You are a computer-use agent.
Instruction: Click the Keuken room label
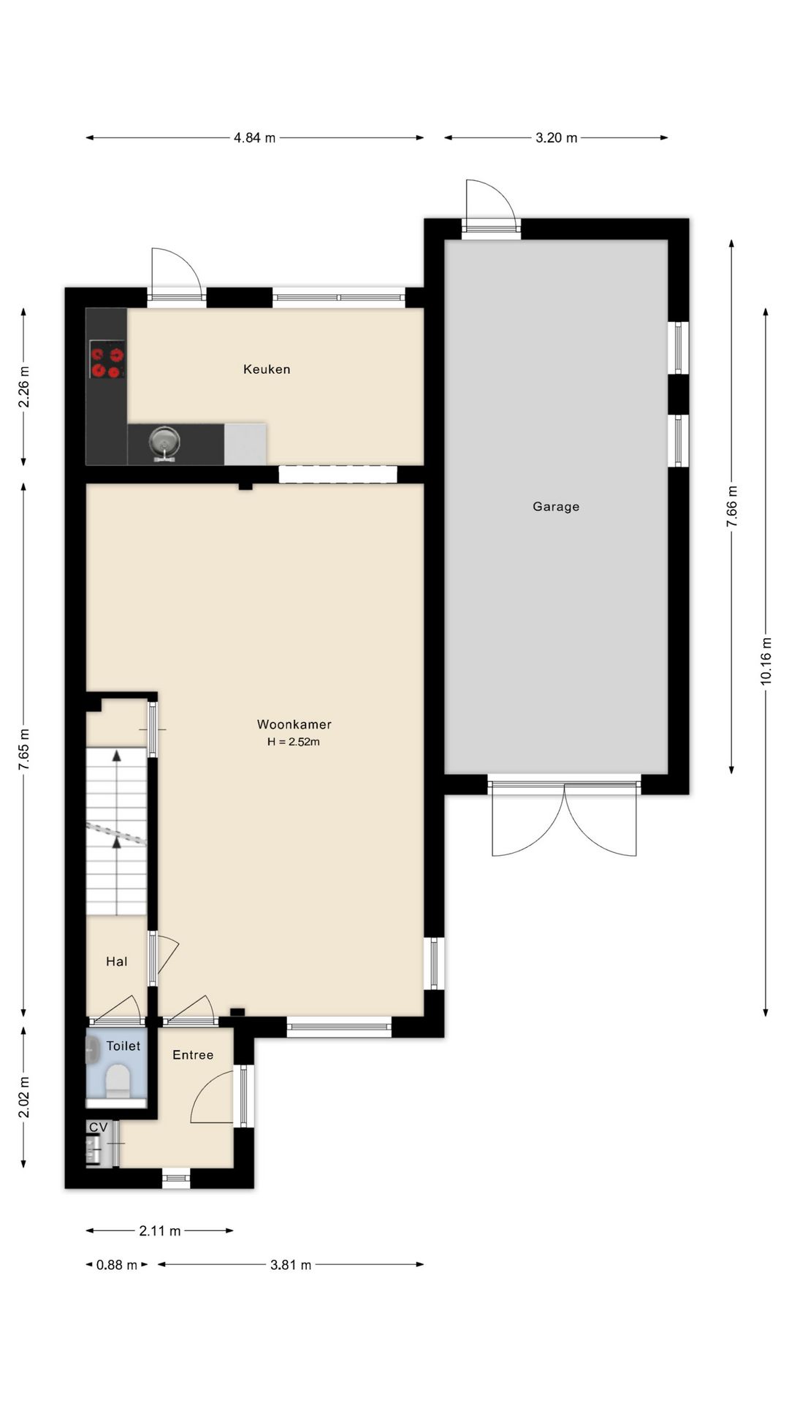(x=267, y=369)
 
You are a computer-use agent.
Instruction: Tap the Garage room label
(x=556, y=507)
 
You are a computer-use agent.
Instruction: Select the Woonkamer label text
(x=294, y=724)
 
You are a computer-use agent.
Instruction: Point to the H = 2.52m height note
(x=294, y=742)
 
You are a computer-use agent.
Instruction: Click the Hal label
(x=117, y=962)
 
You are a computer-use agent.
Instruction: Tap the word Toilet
(x=123, y=1046)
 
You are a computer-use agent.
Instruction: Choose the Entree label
(x=193, y=1055)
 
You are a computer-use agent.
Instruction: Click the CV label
(x=99, y=1127)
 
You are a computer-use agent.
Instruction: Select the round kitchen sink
(x=164, y=441)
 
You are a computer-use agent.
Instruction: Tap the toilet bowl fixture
(x=118, y=1081)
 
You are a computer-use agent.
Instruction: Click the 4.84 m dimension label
(x=255, y=137)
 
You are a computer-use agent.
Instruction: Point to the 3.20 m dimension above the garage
(x=557, y=137)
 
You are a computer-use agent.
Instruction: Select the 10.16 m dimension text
(x=766, y=661)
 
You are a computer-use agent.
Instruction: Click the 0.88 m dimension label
(x=117, y=1265)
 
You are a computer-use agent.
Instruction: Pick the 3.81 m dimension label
(x=291, y=1265)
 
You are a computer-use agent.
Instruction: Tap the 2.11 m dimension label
(x=160, y=1231)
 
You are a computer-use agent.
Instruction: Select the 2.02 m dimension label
(x=23, y=1098)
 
